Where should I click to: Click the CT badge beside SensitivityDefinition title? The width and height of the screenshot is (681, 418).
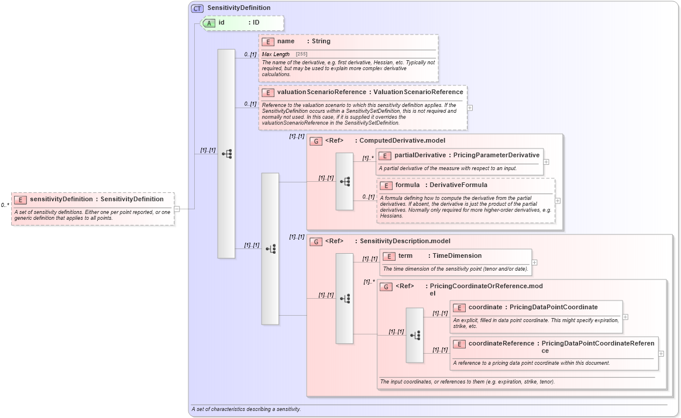point(197,8)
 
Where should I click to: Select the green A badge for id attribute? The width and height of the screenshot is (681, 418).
point(209,23)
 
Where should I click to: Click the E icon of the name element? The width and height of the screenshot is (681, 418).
point(268,42)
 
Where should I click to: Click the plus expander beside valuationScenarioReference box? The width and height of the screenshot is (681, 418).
point(470,108)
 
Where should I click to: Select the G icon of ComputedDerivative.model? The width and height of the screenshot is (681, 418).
point(316,141)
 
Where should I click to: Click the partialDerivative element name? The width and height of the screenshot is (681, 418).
point(419,156)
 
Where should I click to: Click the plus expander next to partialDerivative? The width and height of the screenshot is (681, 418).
point(546,162)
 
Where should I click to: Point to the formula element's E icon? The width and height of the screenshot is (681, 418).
point(386,185)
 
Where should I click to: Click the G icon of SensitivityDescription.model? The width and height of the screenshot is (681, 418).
point(316,241)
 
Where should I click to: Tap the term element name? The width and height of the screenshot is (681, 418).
point(405,256)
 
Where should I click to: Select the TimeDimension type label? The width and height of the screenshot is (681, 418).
point(457,256)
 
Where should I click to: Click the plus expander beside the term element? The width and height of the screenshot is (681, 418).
point(534,262)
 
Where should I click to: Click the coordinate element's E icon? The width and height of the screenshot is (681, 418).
point(459,308)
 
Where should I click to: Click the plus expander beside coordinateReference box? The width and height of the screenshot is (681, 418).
point(661,353)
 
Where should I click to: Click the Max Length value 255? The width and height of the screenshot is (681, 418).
point(301,54)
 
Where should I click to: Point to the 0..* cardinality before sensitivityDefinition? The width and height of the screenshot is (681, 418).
point(5,205)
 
